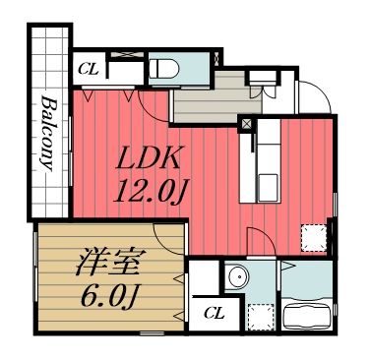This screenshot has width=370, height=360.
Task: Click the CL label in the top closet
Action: [x=88, y=70]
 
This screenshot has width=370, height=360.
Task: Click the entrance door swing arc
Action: [x=313, y=98]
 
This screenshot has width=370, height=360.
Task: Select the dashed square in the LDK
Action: [x=314, y=237]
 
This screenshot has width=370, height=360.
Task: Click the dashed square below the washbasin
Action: [x=258, y=315]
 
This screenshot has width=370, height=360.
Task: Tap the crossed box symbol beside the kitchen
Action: [x=247, y=125]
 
